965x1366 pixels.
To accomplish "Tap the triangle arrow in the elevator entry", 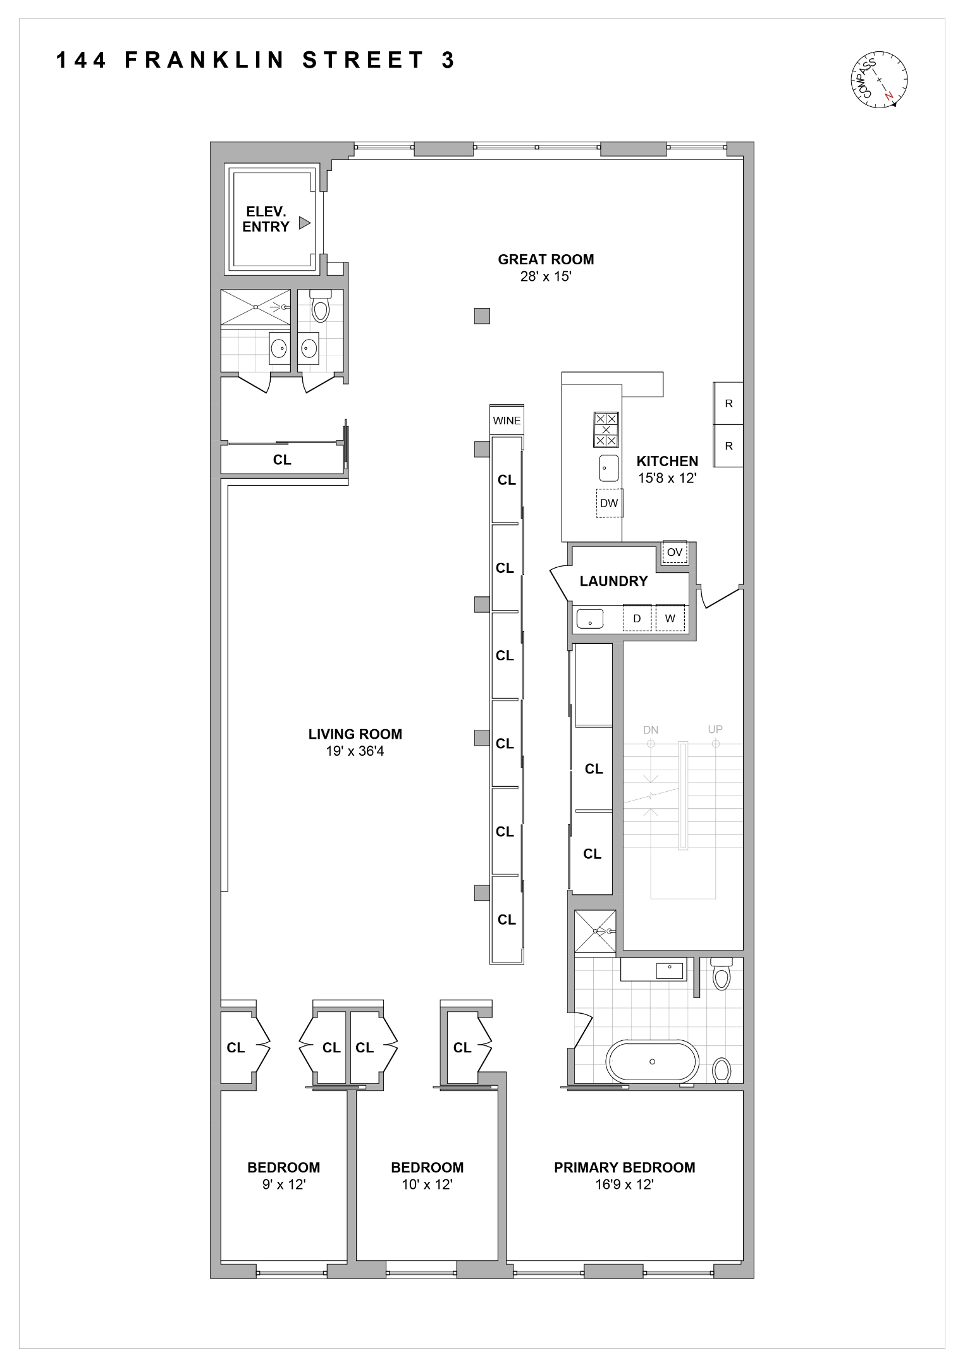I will (305, 223).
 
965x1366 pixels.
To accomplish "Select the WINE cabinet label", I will (507, 421).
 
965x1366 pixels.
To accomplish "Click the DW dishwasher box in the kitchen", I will (609, 503).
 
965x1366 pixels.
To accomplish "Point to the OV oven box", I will (675, 552).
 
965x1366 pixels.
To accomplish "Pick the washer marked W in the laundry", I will (670, 618).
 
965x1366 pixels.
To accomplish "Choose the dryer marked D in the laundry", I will (637, 618).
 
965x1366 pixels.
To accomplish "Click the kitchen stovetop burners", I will (606, 429).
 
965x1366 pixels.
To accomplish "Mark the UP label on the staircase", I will (715, 729).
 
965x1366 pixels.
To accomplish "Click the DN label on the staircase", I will (651, 730).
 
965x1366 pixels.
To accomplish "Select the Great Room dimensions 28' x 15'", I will (546, 276).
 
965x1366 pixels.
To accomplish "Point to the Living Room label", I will (355, 734).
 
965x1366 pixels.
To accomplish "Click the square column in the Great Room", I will (482, 316).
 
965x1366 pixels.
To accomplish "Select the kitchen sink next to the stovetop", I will (609, 468).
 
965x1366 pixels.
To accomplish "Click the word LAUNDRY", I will (613, 581).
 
